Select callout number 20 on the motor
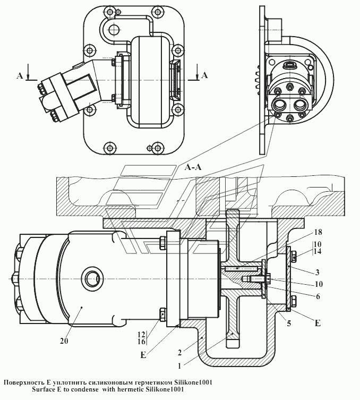coord(64,342)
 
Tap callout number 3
coord(317,271)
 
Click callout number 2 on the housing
coord(181,352)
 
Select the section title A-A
coord(193,167)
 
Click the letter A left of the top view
coord(20,76)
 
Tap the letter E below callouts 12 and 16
coord(143,355)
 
